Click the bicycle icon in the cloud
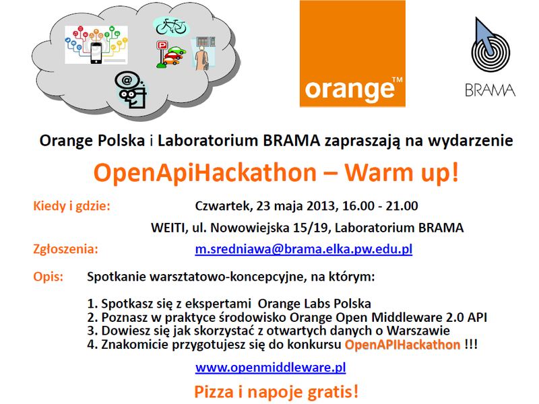[x=171, y=26]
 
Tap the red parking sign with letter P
[x=162, y=45]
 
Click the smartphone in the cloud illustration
[x=96, y=53]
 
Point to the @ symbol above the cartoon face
[x=127, y=80]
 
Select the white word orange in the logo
[x=349, y=90]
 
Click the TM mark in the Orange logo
[x=397, y=79]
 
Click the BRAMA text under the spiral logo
[x=490, y=90]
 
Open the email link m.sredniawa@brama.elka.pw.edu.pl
[x=304, y=248]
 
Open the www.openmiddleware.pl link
[x=271, y=367]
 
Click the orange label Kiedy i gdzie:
[x=72, y=206]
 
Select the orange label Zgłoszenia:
[x=65, y=249]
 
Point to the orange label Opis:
[x=48, y=277]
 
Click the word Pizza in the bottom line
[x=214, y=392]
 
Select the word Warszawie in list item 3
[x=418, y=331]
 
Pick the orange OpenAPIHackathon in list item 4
[x=402, y=344]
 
